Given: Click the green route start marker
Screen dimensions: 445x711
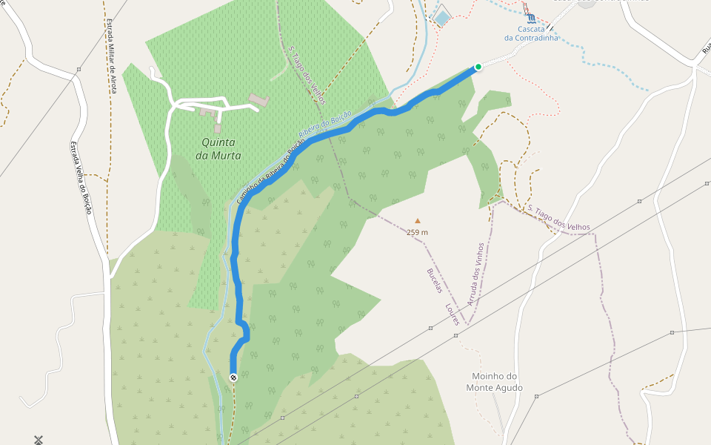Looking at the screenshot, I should (x=478, y=67).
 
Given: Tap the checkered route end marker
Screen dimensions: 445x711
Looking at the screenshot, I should (x=233, y=378).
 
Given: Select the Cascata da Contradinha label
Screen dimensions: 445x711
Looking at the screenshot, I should (x=531, y=33).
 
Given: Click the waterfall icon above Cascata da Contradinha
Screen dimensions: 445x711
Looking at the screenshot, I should (x=530, y=17).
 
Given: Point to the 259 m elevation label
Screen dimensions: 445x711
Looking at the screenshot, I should (x=417, y=232).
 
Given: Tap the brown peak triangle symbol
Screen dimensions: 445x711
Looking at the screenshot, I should (x=417, y=220).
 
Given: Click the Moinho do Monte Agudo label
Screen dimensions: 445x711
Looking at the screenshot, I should (x=495, y=382).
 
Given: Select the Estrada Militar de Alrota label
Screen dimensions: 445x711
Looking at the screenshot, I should (x=112, y=55).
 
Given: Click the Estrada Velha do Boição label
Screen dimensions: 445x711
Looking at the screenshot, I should (x=81, y=178).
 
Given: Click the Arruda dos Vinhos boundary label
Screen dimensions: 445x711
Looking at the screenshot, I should (x=475, y=274).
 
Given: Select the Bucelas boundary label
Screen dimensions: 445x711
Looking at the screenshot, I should (x=434, y=280).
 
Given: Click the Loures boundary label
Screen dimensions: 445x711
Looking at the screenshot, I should (x=453, y=313).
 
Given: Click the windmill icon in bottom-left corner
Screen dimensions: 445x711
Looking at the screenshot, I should (x=39, y=440).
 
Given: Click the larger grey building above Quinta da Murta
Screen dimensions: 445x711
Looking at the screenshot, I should (x=258, y=99).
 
